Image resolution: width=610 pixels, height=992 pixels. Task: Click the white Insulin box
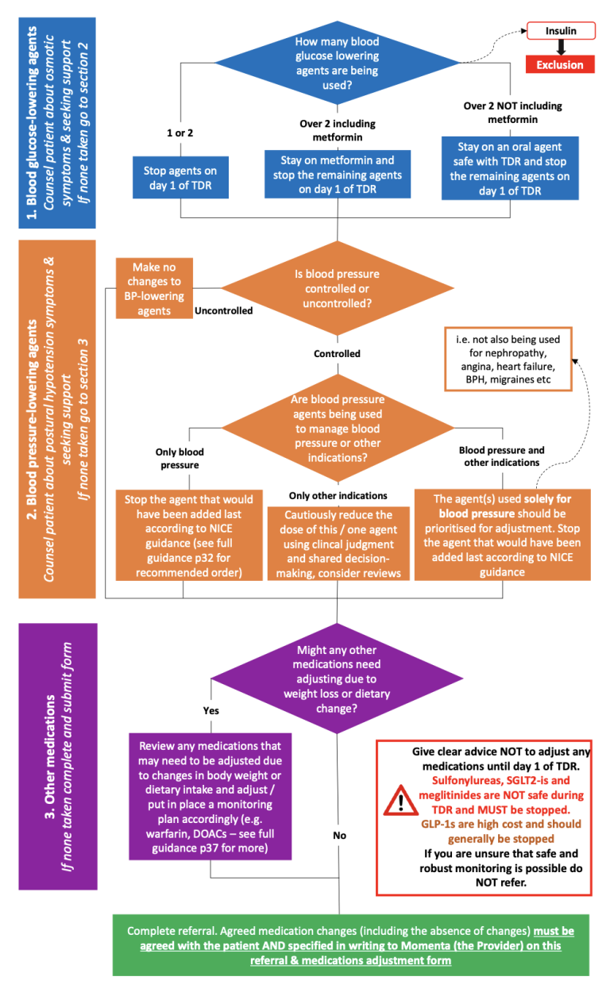(x=561, y=31)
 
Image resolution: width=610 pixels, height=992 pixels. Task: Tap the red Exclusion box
(x=560, y=64)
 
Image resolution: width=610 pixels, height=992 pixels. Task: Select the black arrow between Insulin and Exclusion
(x=561, y=48)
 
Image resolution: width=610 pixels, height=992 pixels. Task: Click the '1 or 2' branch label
(x=180, y=133)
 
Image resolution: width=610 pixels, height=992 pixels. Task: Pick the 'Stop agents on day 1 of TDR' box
(x=180, y=178)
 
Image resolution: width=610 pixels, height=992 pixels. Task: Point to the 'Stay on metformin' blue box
(x=338, y=174)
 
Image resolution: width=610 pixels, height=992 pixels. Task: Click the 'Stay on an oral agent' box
(x=510, y=168)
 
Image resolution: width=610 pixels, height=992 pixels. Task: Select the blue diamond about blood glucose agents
(x=338, y=63)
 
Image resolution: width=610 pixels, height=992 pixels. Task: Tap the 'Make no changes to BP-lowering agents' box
(x=154, y=288)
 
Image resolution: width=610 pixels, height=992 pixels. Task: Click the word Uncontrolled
(x=223, y=311)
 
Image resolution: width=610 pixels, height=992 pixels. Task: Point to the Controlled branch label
(x=337, y=354)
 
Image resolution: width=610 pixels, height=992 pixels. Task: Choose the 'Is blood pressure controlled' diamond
(x=338, y=288)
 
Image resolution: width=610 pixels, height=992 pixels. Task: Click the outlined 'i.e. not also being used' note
(x=508, y=360)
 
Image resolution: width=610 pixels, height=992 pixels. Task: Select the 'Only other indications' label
(x=338, y=495)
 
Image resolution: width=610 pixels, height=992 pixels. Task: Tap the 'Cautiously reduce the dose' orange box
(x=338, y=544)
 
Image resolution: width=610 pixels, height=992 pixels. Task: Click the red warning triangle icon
(x=401, y=801)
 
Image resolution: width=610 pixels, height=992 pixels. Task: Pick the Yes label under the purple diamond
(x=211, y=710)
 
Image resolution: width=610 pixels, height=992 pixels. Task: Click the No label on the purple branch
(x=340, y=835)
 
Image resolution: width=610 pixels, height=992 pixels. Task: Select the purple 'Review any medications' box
(x=210, y=797)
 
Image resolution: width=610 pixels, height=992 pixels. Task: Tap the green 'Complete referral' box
(x=350, y=945)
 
